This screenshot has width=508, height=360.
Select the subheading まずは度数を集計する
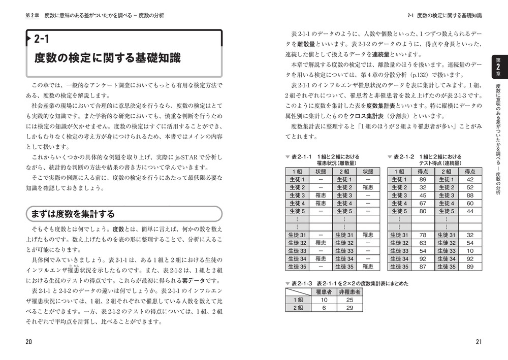click(x=74, y=213)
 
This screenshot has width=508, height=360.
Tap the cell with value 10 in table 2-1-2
click(x=469, y=251)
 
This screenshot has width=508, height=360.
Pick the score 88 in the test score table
click(x=469, y=195)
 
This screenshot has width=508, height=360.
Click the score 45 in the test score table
click(x=422, y=195)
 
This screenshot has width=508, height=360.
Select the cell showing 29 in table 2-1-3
click(x=350, y=308)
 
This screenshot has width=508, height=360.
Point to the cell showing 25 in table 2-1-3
click(x=350, y=300)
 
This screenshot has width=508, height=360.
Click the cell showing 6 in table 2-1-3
click(x=323, y=308)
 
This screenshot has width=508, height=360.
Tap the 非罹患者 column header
click(x=350, y=292)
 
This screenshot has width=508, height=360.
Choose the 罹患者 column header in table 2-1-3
click(x=324, y=292)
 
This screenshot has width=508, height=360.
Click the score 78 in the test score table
click(x=422, y=235)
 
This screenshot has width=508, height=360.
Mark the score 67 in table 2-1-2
click(x=422, y=204)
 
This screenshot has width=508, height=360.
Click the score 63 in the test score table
click(x=422, y=243)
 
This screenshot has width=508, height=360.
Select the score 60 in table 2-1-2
click(x=469, y=204)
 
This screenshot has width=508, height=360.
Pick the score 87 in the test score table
click(x=422, y=267)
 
